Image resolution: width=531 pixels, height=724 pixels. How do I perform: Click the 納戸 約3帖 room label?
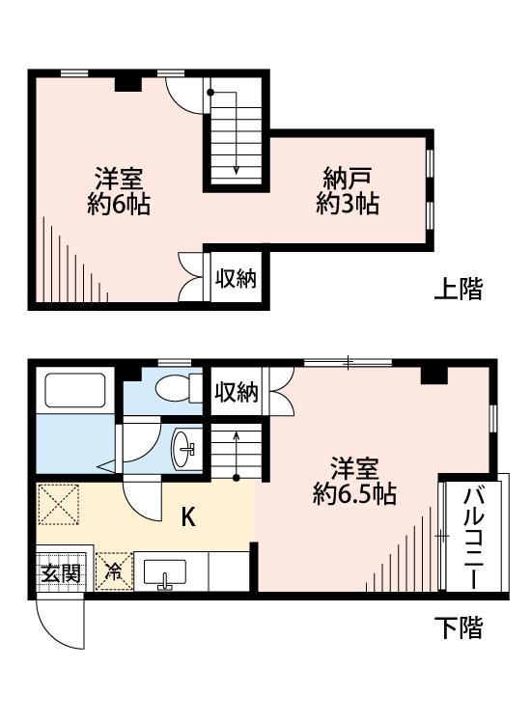pyautogui.click(x=348, y=192)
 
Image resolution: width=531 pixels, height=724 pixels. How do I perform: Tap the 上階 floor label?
pyautogui.click(x=458, y=290)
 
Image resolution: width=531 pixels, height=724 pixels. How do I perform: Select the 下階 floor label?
pyautogui.click(x=458, y=627)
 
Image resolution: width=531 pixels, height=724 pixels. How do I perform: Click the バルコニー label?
pyautogui.click(x=473, y=538)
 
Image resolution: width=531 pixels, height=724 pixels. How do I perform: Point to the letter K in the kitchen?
pyautogui.click(x=188, y=516)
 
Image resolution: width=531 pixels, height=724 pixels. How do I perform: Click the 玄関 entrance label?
pyautogui.click(x=61, y=573)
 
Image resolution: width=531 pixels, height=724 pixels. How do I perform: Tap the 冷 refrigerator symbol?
pyautogui.click(x=114, y=571)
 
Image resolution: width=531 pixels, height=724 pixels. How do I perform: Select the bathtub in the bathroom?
pyautogui.click(x=74, y=390)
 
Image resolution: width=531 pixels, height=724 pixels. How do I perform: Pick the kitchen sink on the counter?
pyautogui.click(x=165, y=573)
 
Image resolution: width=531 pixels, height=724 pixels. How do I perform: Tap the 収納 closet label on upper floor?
pyautogui.click(x=236, y=278)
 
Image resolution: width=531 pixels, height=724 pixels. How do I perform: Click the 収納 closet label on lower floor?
pyautogui.click(x=237, y=393)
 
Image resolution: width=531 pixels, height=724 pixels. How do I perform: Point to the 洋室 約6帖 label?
pyautogui.click(x=119, y=192)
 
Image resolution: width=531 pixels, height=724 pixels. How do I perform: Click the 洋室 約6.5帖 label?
pyautogui.click(x=354, y=482)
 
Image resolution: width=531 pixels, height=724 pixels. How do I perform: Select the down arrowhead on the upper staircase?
pyautogui.click(x=237, y=170)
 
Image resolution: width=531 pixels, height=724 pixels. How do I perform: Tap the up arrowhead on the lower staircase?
pyautogui.click(x=237, y=435)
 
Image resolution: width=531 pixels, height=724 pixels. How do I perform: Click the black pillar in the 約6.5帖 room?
pyautogui.click(x=434, y=376)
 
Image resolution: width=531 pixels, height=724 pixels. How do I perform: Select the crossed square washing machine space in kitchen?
pyautogui.click(x=58, y=504)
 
